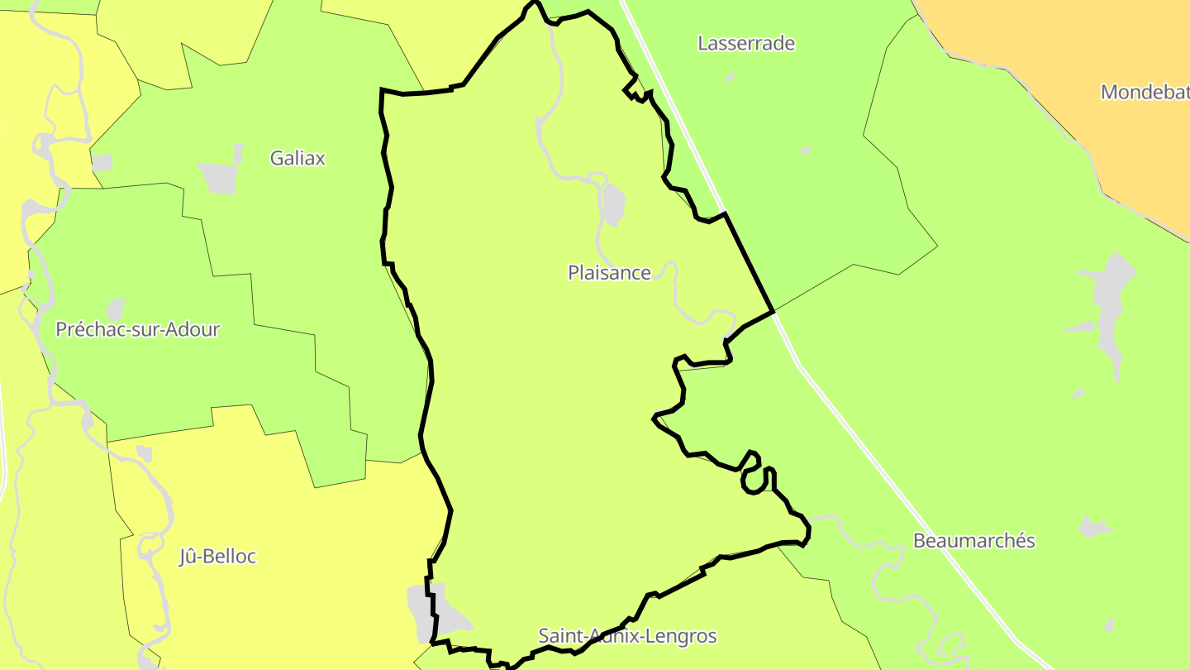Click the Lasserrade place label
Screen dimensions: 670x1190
coord(746,43)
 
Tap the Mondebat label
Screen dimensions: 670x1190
coord(1145,92)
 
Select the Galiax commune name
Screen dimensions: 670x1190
coord(297,158)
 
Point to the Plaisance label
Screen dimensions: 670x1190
coord(609,272)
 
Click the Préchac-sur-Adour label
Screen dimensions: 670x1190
coord(137,329)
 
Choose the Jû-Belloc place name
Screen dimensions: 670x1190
coord(217,557)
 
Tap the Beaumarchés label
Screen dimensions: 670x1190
coord(973,541)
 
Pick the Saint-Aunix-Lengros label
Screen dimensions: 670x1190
coord(627,636)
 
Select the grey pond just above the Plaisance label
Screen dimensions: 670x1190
coord(612,204)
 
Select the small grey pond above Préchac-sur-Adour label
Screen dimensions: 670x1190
coord(115,309)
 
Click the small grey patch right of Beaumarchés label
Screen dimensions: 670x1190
coord(1093,526)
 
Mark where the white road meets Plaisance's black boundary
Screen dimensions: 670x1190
coord(773,312)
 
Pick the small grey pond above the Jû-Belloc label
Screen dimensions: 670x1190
coord(145,453)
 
